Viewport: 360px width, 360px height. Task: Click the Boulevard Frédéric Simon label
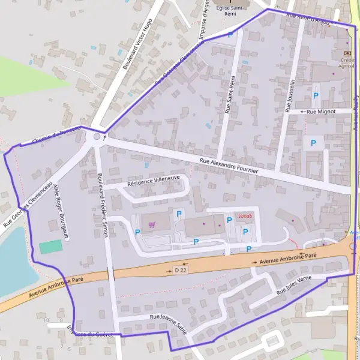[101, 204]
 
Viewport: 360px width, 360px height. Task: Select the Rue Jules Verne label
[294, 287]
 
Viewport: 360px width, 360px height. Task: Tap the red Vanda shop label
[245, 216]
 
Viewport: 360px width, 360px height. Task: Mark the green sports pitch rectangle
[50, 246]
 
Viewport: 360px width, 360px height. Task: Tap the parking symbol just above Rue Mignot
[316, 95]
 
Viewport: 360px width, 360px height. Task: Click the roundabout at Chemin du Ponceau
[97, 138]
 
